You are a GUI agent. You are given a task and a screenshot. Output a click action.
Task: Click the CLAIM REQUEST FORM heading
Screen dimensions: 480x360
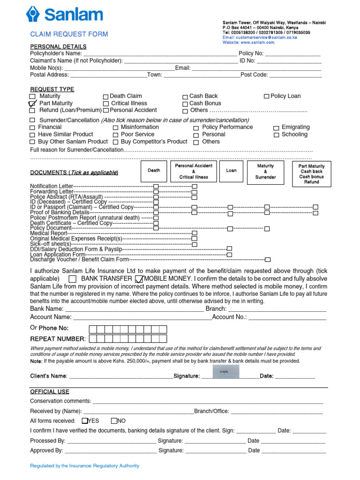(69, 34)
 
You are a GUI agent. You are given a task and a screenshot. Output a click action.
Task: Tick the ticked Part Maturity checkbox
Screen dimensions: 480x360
(32, 104)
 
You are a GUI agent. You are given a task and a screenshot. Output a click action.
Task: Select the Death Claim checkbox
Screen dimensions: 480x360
(105, 97)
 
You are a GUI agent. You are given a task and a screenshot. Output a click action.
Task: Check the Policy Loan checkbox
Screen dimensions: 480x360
(266, 97)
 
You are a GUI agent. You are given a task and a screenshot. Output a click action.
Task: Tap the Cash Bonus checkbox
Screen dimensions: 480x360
(185, 104)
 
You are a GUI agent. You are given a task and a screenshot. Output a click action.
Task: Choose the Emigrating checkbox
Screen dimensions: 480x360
(277, 127)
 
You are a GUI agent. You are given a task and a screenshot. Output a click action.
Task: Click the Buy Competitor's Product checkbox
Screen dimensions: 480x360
(116, 142)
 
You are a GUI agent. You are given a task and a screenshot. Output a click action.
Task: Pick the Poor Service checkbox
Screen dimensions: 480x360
(116, 135)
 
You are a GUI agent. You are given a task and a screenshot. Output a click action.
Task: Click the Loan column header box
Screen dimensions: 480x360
(232, 171)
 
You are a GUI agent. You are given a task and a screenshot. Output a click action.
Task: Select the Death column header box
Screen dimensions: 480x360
(154, 171)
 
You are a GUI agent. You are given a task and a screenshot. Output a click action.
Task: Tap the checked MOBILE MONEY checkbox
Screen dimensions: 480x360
(139, 279)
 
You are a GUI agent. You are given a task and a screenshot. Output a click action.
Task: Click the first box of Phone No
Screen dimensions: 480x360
(93, 329)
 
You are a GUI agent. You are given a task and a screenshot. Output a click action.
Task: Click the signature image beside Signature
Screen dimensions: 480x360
(225, 371)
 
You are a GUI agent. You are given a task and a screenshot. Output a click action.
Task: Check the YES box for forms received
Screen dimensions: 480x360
(85, 421)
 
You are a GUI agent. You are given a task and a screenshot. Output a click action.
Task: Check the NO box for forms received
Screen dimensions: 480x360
(114, 421)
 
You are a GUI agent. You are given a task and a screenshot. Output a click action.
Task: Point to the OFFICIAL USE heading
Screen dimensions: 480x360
(50, 391)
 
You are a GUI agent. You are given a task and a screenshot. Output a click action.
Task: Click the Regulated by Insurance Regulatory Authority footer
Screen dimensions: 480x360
(85, 466)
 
